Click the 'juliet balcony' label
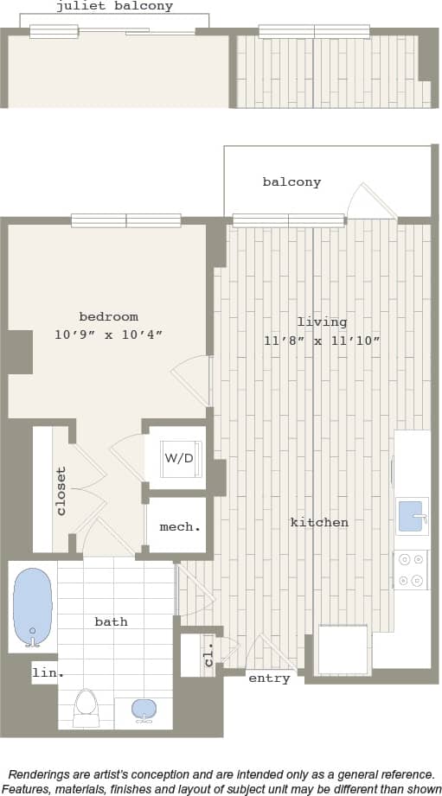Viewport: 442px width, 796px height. [114, 6]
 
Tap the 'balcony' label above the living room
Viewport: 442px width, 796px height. [291, 181]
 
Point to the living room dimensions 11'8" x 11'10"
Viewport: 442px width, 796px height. [322, 341]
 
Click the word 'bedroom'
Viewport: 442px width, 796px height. [108, 316]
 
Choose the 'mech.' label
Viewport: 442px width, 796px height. [180, 526]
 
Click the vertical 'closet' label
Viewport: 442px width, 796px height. [61, 491]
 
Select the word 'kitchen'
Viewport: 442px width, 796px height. [319, 522]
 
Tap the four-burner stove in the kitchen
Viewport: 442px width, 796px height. [411, 570]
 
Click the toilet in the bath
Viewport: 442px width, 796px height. [86, 705]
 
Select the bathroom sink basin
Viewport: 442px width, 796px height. [144, 710]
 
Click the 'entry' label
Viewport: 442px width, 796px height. [269, 678]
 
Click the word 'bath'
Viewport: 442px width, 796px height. [111, 621]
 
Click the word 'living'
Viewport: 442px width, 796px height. [322, 322]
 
